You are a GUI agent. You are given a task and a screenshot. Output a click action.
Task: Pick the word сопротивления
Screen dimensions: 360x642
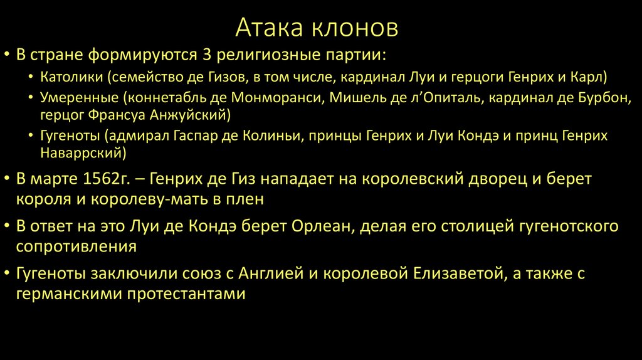pos(76,245)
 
